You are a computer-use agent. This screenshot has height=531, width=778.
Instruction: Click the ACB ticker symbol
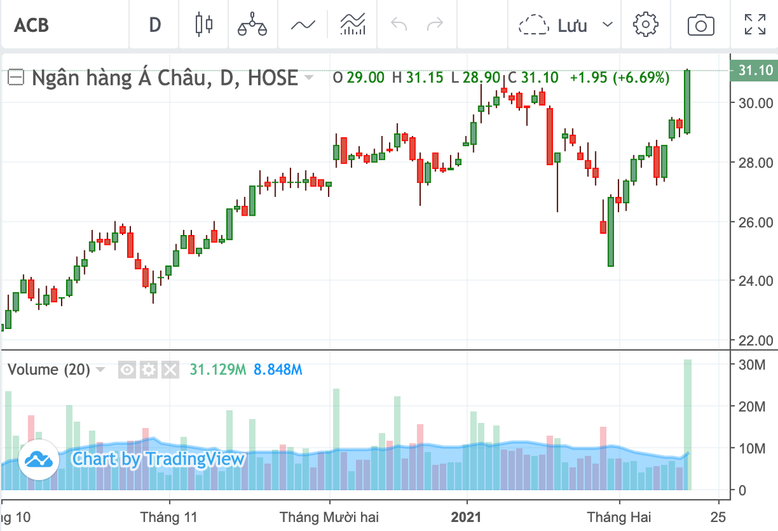(x=32, y=25)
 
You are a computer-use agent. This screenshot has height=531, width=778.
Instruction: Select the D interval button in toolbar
(x=155, y=25)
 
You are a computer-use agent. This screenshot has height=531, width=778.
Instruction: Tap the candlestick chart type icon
(x=204, y=25)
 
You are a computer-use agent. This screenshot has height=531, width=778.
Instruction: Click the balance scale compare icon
(x=252, y=25)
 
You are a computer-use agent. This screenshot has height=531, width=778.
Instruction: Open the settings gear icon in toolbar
(x=645, y=25)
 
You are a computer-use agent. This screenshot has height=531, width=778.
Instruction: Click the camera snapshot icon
(x=700, y=25)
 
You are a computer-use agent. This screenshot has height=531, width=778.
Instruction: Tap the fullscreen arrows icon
(x=755, y=25)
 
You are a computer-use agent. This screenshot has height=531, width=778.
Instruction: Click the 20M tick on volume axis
(x=752, y=407)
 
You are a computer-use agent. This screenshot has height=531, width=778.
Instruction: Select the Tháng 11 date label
(x=169, y=517)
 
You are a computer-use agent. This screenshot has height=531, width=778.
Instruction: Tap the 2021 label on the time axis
(x=466, y=517)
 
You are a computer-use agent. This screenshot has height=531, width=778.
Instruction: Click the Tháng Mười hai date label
(x=329, y=517)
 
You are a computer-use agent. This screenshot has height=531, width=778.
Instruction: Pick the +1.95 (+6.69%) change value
(x=619, y=78)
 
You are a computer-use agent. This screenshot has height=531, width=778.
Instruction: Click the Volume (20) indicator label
(x=49, y=370)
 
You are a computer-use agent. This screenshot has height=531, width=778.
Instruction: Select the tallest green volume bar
(x=688, y=424)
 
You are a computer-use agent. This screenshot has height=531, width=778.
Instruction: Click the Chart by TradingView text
(x=158, y=459)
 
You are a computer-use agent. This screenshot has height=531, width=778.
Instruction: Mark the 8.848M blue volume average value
(x=277, y=370)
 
